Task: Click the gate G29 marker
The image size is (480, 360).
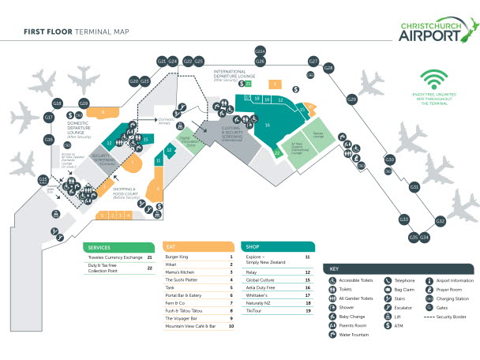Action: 352,99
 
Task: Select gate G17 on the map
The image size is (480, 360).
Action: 48,118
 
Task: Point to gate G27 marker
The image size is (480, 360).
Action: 313,61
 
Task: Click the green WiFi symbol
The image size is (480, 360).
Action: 432,80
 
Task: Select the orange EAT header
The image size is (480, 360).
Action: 198,246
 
